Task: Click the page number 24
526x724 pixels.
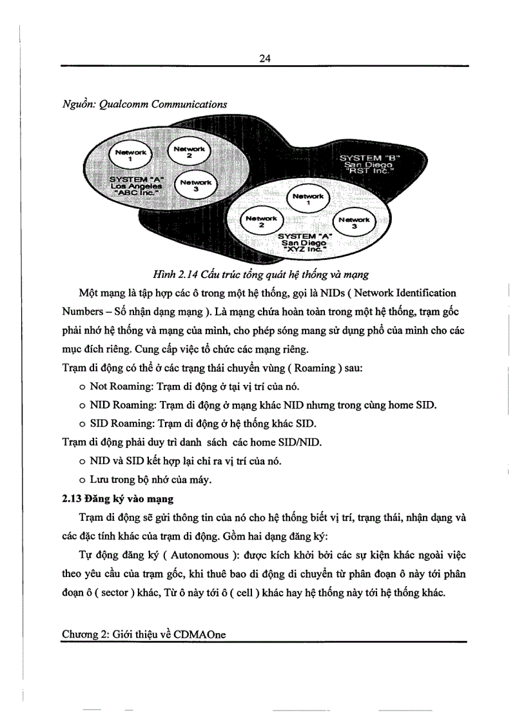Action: tap(264, 58)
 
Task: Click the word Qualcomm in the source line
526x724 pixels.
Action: tap(124, 104)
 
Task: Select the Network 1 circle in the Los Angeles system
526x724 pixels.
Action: tap(131, 153)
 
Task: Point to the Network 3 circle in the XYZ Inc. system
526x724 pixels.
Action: tap(353, 223)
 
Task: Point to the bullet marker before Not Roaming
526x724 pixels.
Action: tap(83, 387)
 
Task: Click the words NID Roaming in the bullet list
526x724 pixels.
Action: tap(122, 406)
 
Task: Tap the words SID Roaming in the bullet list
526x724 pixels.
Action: tap(121, 424)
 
